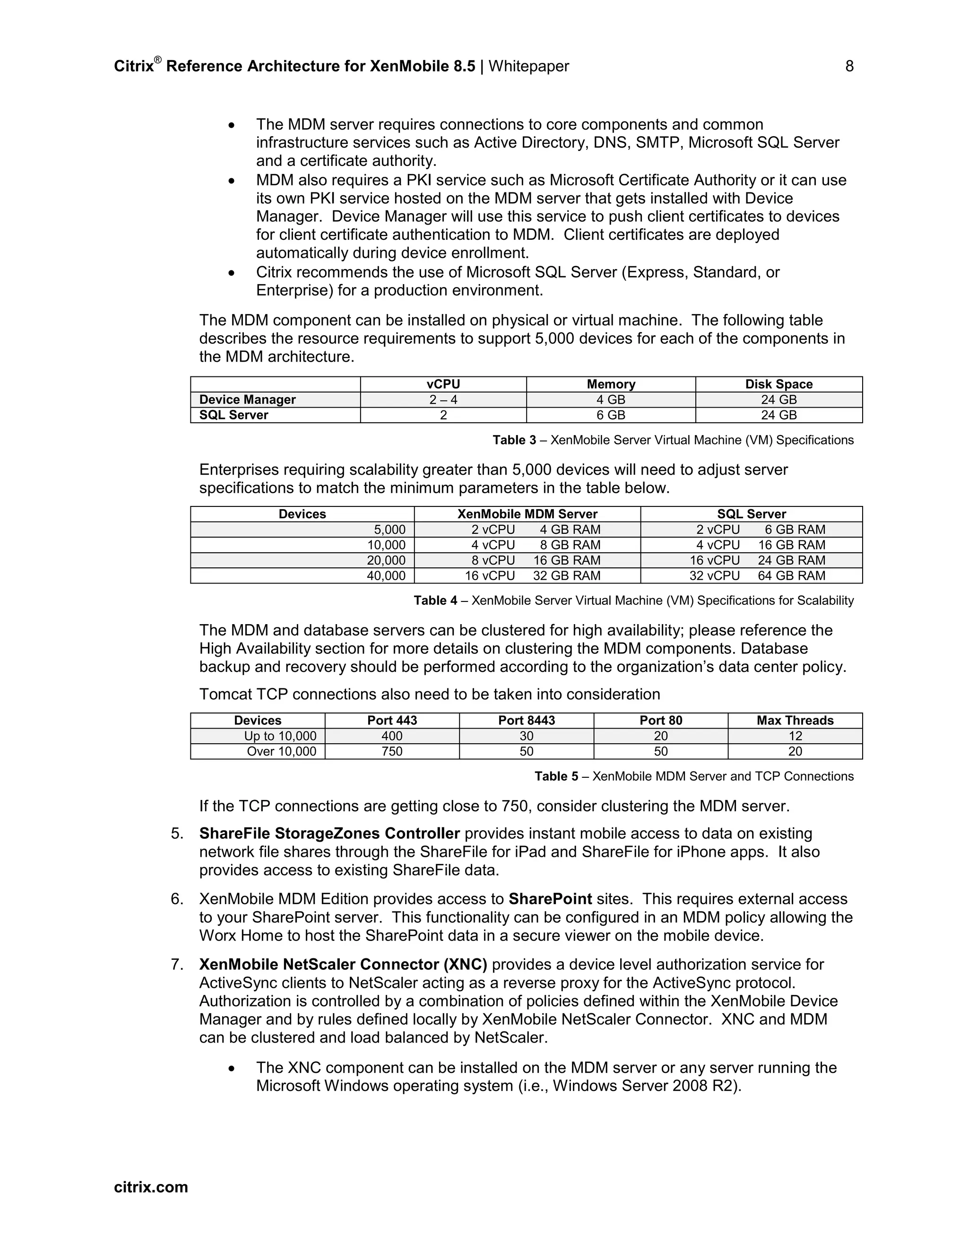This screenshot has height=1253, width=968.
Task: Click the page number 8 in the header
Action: coord(849,67)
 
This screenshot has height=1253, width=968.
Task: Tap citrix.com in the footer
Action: coord(151,1187)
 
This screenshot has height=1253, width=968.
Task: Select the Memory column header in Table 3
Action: coord(611,384)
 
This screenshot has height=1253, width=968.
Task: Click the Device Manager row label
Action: coord(247,400)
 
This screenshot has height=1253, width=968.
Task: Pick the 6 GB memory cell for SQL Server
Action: coord(611,415)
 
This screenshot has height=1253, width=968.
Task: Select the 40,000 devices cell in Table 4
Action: coord(386,576)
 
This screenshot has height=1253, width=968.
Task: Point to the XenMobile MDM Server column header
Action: coord(527,514)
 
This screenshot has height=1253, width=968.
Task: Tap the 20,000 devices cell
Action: coord(386,560)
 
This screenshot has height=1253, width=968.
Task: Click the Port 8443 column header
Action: coord(527,721)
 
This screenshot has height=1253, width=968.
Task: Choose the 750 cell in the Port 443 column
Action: coord(392,752)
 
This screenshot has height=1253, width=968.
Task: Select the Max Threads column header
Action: coord(795,721)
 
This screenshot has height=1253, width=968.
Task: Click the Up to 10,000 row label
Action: coord(280,736)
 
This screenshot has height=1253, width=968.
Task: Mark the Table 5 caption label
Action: coord(556,776)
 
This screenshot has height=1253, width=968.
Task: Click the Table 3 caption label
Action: coord(514,440)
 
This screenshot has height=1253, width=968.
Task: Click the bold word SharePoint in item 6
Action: coord(550,899)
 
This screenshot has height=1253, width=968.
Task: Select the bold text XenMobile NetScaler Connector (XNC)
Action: coord(343,965)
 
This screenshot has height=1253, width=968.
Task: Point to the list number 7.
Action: coord(177,965)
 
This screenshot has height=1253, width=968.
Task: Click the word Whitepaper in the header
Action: coord(528,67)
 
